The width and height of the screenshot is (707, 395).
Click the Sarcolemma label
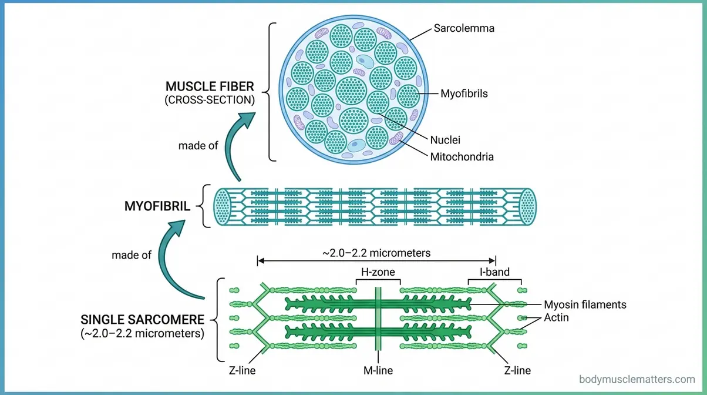464,28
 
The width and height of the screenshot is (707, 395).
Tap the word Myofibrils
464,93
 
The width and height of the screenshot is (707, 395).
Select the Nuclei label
445,140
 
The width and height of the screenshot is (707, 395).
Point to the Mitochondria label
462,157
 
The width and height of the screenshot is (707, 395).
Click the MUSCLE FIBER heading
210,88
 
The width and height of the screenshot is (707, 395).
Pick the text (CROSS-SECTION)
210,101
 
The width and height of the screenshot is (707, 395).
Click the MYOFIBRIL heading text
157,206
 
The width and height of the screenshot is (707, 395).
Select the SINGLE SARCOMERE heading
142,320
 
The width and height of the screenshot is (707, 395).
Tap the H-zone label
378,272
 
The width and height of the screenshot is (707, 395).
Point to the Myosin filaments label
585,304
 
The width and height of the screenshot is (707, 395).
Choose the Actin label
557,318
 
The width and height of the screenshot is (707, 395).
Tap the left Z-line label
242,370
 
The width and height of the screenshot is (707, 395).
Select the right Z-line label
517,370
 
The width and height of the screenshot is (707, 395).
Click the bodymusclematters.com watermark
637,380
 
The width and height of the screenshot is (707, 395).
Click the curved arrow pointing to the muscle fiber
238,144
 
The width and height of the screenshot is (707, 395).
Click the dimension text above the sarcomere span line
376,253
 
